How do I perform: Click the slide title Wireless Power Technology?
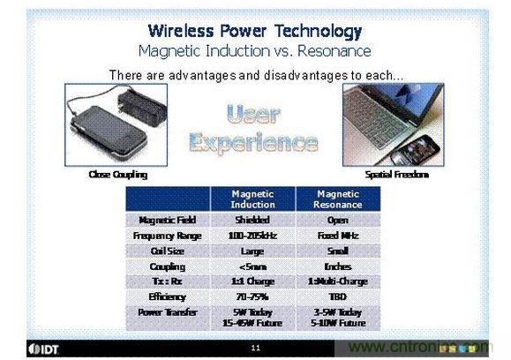click(254, 32)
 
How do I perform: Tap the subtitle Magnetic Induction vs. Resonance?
click(254, 50)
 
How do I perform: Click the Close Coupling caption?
click(117, 175)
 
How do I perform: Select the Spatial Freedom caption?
click(396, 175)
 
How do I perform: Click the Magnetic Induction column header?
click(252, 199)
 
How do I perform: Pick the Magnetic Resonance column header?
click(337, 199)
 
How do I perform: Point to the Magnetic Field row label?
click(167, 220)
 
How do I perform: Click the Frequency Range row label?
click(167, 236)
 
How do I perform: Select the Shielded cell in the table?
click(252, 220)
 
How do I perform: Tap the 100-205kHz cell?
click(252, 236)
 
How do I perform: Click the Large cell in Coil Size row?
click(252, 251)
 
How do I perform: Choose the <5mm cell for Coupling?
click(252, 266)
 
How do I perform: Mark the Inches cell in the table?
click(337, 266)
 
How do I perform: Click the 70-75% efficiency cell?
click(252, 297)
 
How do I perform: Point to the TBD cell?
click(337, 297)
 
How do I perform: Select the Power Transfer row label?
click(167, 312)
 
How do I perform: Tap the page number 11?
click(254, 349)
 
